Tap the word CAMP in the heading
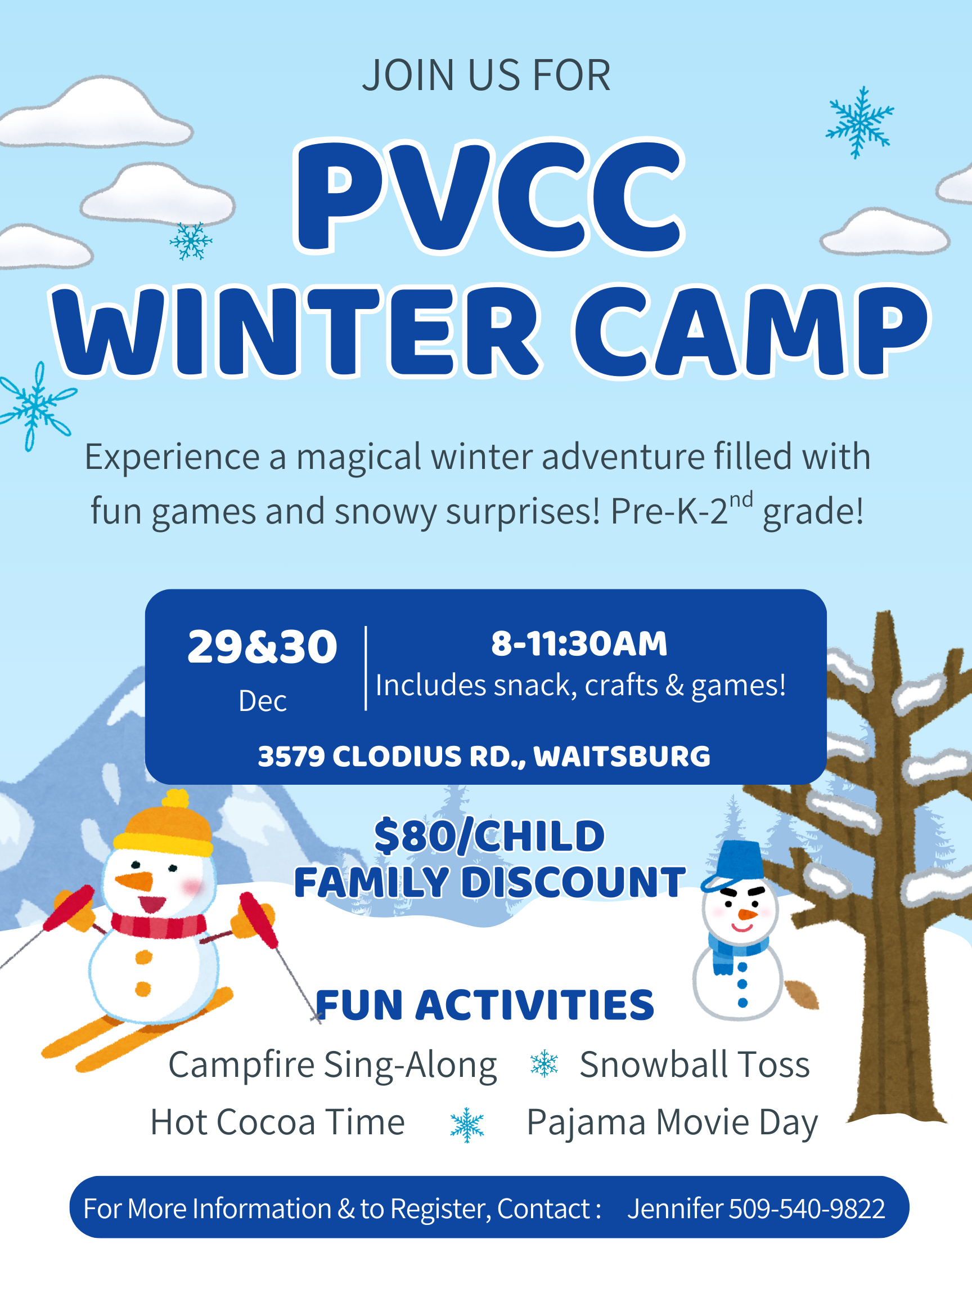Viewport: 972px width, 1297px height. pyautogui.click(x=751, y=331)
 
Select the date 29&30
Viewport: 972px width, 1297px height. pyautogui.click(x=262, y=647)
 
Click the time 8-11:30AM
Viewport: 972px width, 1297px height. pyautogui.click(x=579, y=643)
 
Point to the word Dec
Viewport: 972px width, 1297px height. pyautogui.click(x=262, y=701)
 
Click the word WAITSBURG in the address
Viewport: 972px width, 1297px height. pyautogui.click(x=622, y=757)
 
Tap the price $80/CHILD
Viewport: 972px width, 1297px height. pyautogui.click(x=489, y=835)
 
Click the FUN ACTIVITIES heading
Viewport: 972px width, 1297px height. pyautogui.click(x=484, y=1005)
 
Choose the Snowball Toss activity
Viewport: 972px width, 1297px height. pyautogui.click(x=694, y=1064)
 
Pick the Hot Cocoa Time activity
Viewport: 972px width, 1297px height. pyautogui.click(x=277, y=1122)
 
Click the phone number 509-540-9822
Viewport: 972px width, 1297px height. pyautogui.click(x=806, y=1209)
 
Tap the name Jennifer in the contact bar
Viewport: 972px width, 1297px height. pyautogui.click(x=675, y=1209)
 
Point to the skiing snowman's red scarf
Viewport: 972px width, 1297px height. pyautogui.click(x=158, y=925)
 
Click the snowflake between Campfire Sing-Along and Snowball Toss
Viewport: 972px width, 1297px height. pyautogui.click(x=544, y=1063)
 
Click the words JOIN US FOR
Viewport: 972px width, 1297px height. pyautogui.click(x=487, y=75)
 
